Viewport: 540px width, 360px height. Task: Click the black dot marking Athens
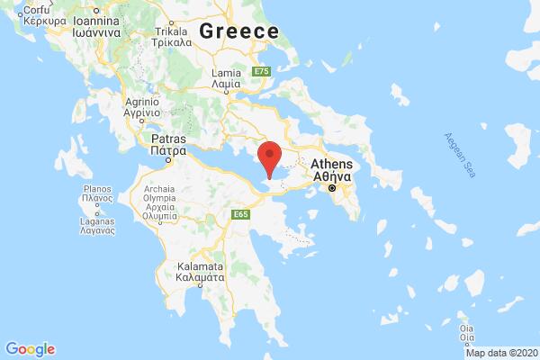pyautogui.click(x=333, y=190)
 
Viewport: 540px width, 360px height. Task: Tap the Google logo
pyautogui.click(x=30, y=348)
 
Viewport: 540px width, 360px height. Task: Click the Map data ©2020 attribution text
pyautogui.click(x=507, y=353)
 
